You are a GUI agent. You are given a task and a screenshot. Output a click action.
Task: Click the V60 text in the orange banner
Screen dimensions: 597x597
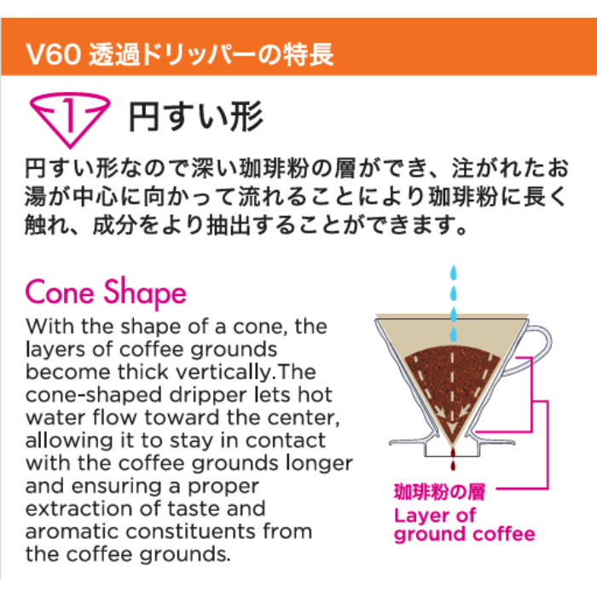coord(53,54)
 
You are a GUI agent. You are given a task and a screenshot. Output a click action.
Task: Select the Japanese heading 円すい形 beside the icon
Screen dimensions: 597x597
coord(195,116)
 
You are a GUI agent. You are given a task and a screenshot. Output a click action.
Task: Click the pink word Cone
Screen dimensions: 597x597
coord(60,293)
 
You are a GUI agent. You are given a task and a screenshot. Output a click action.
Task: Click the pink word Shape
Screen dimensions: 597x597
coord(145,294)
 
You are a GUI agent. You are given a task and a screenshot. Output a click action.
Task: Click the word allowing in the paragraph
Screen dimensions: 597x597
coord(69,441)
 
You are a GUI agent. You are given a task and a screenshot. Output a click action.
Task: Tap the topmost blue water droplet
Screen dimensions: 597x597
coord(453,273)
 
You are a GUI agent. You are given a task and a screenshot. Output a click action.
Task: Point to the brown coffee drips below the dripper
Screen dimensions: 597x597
coord(453,459)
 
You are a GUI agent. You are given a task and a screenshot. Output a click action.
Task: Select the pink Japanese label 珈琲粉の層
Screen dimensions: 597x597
coord(439,491)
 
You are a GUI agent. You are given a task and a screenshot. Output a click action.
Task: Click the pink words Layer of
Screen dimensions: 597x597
coord(435,515)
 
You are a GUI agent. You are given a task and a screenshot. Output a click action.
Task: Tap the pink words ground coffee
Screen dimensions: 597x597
coord(465,535)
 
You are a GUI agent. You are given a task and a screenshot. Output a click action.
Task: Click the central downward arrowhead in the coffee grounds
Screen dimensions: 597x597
coord(452,427)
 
